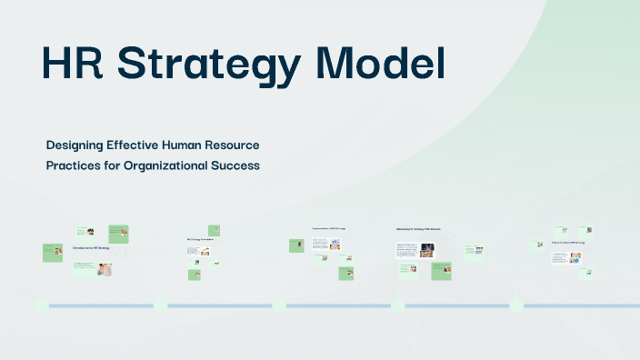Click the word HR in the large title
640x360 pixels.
pyautogui.click(x=73, y=65)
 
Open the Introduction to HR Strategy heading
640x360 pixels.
pyautogui.click(x=91, y=247)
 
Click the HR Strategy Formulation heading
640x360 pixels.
pyautogui.click(x=199, y=240)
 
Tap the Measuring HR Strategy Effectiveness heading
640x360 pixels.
pyautogui.click(x=418, y=229)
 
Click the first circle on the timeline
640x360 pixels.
pyautogui.click(x=41, y=305)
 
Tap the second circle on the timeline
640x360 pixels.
pyautogui.click(x=160, y=305)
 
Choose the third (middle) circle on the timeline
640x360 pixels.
pyautogui.click(x=279, y=305)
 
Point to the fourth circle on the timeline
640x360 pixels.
pyautogui.click(x=397, y=305)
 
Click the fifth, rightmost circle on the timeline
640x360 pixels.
pyautogui.click(x=516, y=305)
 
